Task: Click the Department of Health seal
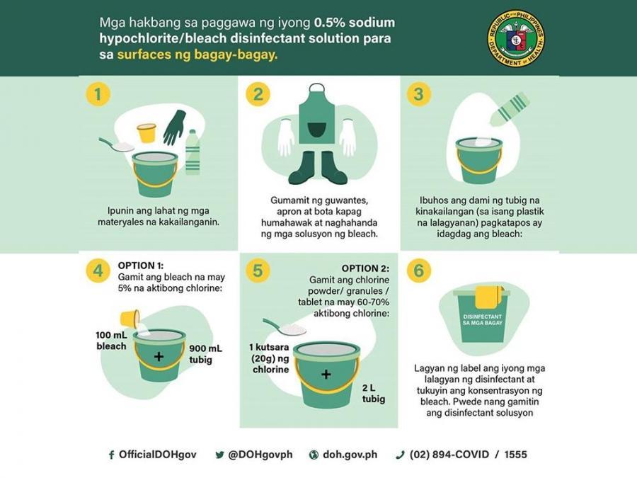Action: (x=517, y=39)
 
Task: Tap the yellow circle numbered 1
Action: (x=98, y=94)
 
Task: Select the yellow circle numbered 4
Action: (x=98, y=271)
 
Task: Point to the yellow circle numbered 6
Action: (x=419, y=271)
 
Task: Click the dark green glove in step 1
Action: (x=174, y=127)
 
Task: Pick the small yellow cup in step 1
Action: (x=147, y=133)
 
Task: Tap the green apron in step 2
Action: (x=317, y=118)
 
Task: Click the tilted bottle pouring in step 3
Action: (x=510, y=108)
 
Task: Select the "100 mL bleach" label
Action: (x=111, y=341)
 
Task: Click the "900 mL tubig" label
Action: (x=205, y=354)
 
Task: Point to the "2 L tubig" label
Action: (x=373, y=394)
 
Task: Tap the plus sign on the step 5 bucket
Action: (x=326, y=374)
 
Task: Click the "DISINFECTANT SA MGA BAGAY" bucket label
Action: (x=483, y=319)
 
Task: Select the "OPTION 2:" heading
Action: (x=365, y=268)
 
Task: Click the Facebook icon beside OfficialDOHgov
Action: (x=111, y=455)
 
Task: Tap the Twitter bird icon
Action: (x=220, y=455)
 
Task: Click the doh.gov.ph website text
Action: (x=350, y=455)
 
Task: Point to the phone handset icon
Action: (x=400, y=455)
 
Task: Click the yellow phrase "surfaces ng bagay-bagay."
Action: (x=197, y=55)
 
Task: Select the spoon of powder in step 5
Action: (x=285, y=326)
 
